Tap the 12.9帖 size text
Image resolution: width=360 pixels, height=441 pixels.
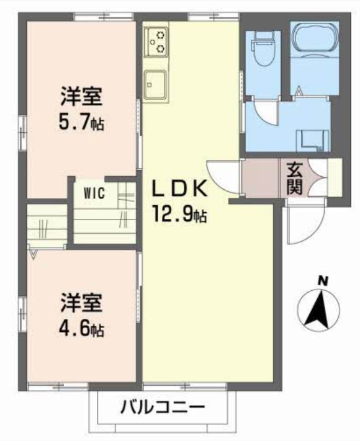pyautogui.click(x=180, y=216)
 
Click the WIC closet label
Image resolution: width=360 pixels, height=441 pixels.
pyautogui.click(x=96, y=192)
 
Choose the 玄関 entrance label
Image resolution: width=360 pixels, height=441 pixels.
pyautogui.click(x=295, y=177)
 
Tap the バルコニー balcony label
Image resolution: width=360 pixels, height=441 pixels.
pyautogui.click(x=163, y=409)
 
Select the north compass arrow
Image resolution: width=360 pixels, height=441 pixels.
pyautogui.click(x=321, y=310)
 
